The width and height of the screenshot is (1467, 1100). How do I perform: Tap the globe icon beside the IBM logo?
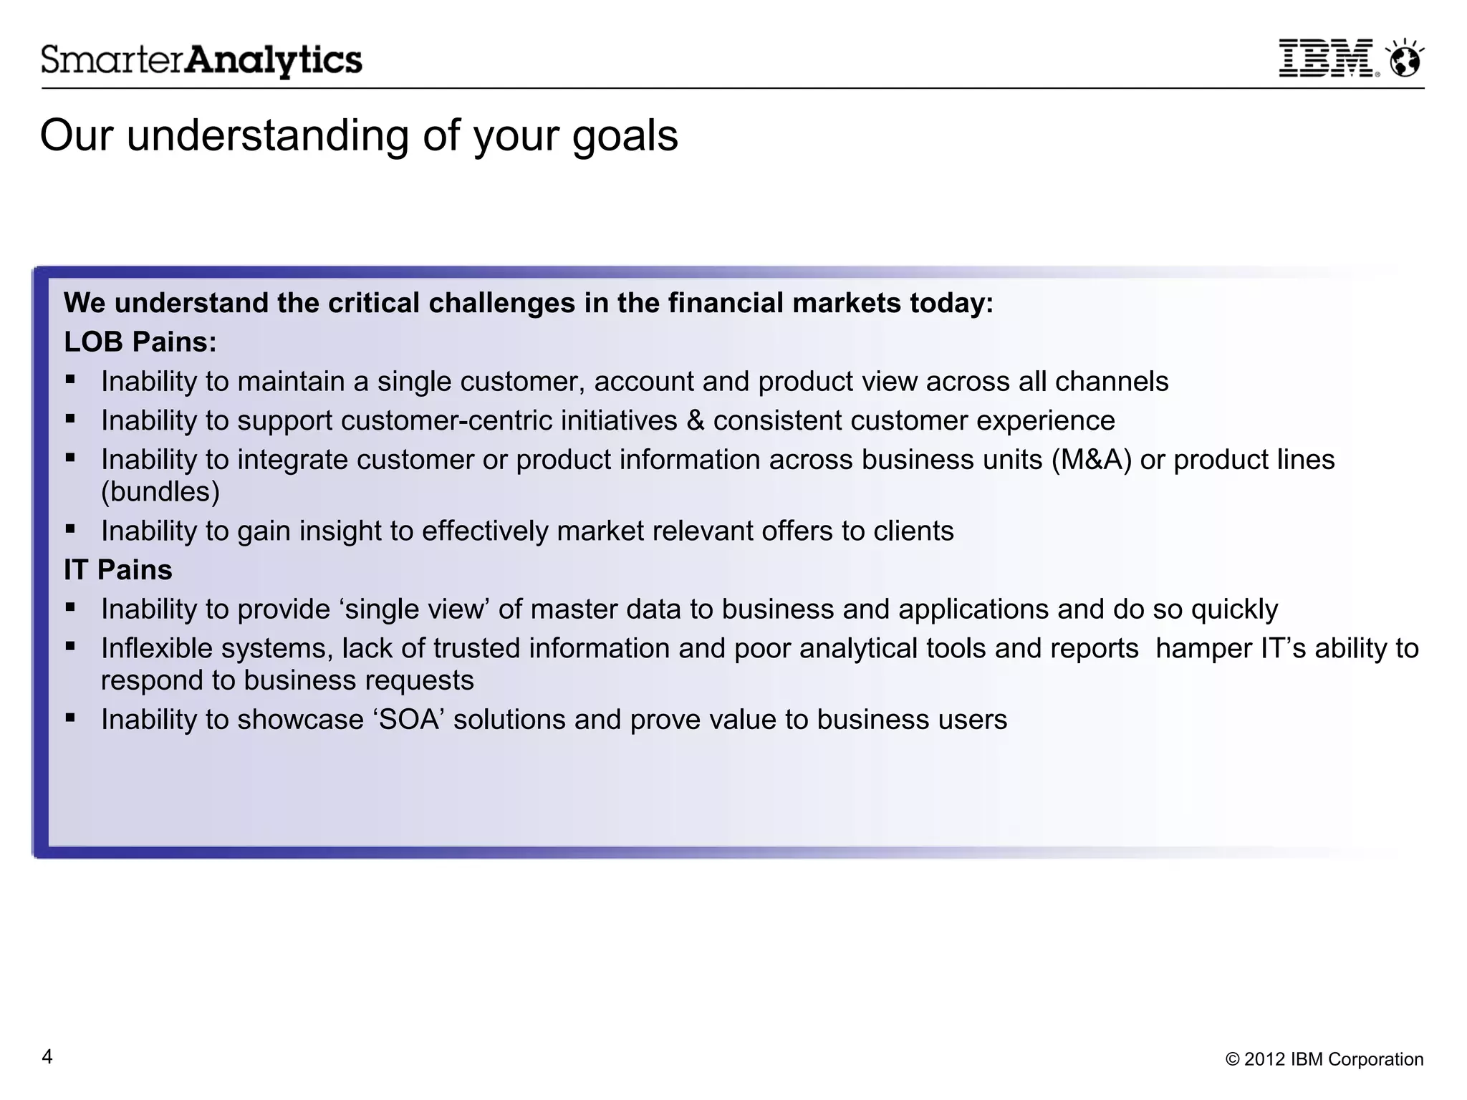coord(1405,59)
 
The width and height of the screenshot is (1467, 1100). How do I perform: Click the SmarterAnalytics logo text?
coord(201,60)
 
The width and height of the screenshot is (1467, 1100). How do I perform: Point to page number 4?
coord(47,1057)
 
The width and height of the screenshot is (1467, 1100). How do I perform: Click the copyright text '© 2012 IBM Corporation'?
coord(1324,1059)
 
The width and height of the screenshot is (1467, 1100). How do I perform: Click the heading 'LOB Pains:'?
coord(140,342)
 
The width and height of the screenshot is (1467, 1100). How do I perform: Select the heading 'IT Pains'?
coord(117,570)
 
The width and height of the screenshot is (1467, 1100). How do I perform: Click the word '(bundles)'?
coord(160,492)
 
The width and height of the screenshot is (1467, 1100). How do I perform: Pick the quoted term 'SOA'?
coord(408,720)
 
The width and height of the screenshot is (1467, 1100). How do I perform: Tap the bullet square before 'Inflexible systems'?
coord(70,646)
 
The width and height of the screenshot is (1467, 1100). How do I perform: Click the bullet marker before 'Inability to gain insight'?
coord(70,529)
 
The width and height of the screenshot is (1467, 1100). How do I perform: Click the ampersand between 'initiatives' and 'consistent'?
coord(695,421)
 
